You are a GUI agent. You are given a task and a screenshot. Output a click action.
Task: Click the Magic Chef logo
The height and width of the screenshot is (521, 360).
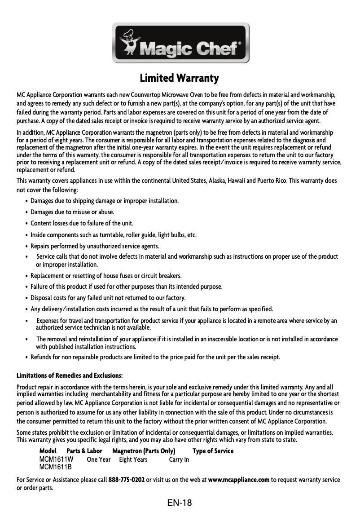pos(180,43)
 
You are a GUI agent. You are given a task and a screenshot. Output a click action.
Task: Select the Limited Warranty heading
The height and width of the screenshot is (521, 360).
pos(180,79)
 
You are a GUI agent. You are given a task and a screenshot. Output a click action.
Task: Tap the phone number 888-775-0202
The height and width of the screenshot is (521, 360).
pos(127,480)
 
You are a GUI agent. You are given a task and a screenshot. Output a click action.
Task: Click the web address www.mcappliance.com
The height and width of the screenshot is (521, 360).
pos(239,480)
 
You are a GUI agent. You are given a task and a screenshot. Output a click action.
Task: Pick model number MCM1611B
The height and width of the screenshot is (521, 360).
pos(56,467)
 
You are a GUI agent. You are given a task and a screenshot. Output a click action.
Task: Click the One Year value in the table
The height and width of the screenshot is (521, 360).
pos(99,459)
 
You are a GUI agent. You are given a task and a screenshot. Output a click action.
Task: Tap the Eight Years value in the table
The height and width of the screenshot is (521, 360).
pos(133,459)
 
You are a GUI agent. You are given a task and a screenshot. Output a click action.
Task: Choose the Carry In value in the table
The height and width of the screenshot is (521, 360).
pos(179,459)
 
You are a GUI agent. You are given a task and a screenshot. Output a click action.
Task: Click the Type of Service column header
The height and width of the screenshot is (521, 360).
pos(213,451)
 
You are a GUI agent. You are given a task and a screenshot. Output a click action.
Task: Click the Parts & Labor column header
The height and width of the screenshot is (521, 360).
pos(84,451)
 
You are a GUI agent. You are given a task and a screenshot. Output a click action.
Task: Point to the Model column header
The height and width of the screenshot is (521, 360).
pos(48,451)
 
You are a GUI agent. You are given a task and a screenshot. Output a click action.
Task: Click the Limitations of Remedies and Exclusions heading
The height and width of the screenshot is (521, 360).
pos(70,375)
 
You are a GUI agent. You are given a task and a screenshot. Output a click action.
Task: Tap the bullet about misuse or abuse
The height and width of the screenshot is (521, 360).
pos(72,212)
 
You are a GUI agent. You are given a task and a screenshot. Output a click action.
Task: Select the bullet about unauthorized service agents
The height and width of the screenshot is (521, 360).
pos(95,246)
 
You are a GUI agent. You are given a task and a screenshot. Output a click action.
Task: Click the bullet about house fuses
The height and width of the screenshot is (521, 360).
pos(106,275)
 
